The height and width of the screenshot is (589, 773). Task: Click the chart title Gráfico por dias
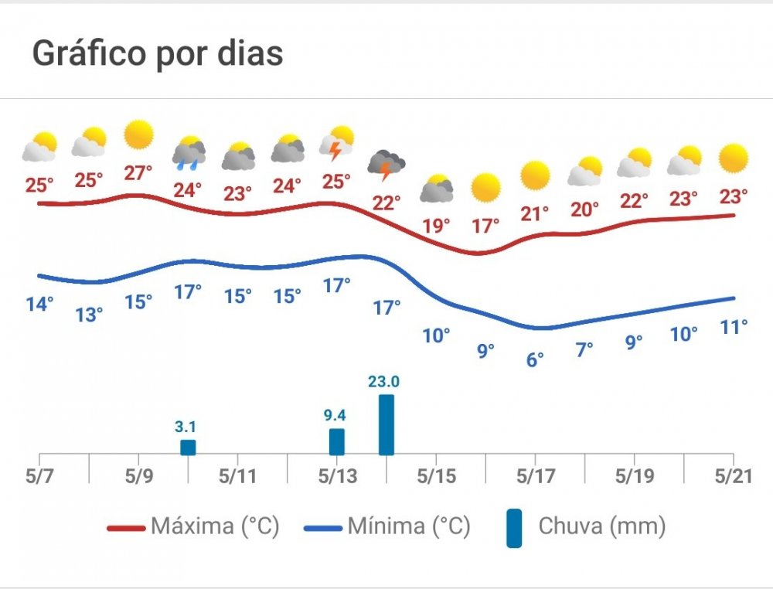pos(158,54)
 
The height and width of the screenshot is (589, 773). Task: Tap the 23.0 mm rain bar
pos(386,425)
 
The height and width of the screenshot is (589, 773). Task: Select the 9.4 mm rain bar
pos(336,442)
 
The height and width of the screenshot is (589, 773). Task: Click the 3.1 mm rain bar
pos(188,448)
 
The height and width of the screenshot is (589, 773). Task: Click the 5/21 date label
pos(732,476)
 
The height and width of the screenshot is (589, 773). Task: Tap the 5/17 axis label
pos(534,476)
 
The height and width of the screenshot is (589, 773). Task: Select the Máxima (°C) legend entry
pos(193,527)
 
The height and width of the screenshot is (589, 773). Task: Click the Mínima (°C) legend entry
pos(387,527)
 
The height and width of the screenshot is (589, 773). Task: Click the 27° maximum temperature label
pos(138,172)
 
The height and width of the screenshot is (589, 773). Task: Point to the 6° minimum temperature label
pos(535,359)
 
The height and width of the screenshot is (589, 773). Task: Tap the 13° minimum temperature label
pos(90,315)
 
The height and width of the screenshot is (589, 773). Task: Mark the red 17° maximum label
pos(485,226)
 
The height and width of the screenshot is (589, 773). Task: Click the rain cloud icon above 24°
pos(189,152)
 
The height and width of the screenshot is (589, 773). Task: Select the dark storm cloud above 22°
pos(386,165)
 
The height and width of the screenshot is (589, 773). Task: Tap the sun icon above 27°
pos(139,135)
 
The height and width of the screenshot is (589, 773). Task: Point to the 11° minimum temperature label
pos(734,326)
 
